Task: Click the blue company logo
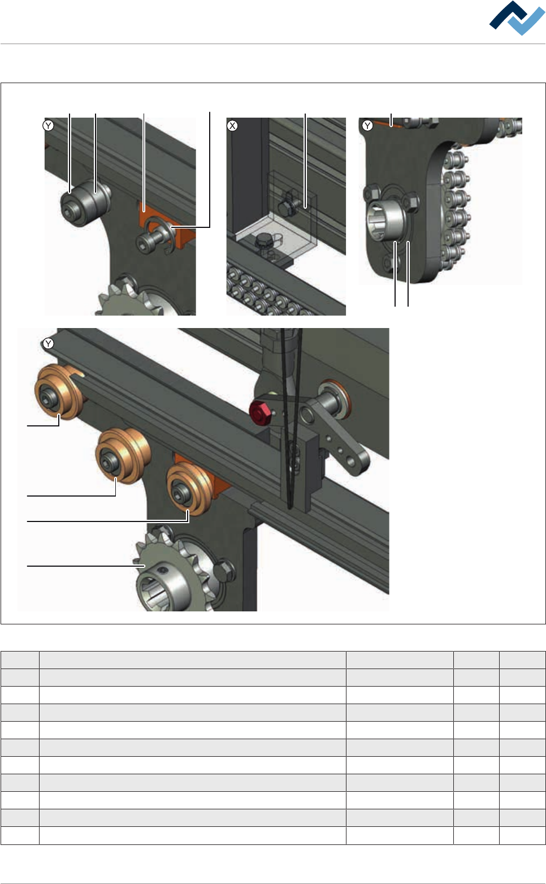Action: coord(517,18)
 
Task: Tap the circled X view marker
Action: coord(232,126)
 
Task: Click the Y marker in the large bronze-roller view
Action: coord(48,344)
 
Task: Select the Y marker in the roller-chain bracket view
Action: coord(367,126)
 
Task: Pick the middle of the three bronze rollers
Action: coord(122,456)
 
